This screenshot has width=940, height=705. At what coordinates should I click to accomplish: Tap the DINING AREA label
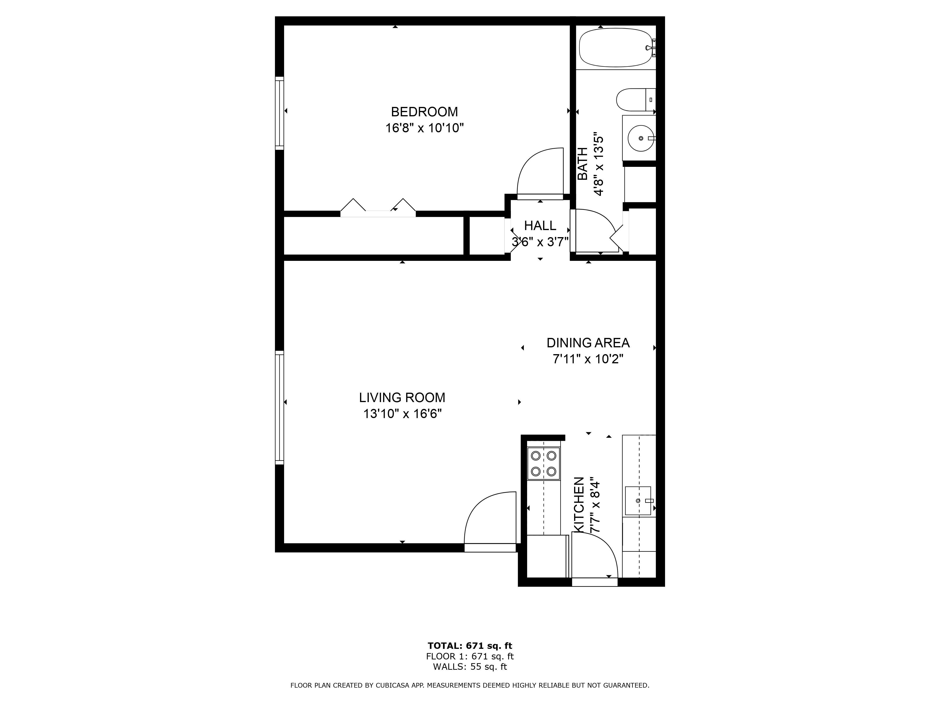(x=588, y=343)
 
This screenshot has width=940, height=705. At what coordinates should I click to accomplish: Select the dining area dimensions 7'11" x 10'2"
(x=588, y=359)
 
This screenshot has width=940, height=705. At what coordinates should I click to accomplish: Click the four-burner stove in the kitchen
(x=544, y=464)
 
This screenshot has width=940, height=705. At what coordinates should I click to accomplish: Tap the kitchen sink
(x=638, y=501)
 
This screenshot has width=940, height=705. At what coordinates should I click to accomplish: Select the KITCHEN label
(x=579, y=504)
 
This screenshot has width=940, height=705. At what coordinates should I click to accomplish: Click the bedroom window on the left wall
(x=279, y=113)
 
